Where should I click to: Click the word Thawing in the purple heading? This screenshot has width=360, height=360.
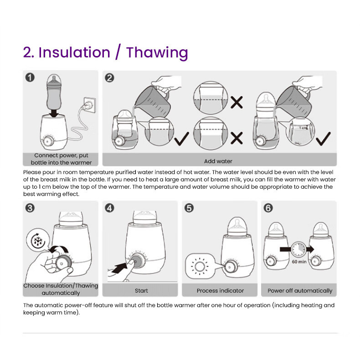pos(157,53)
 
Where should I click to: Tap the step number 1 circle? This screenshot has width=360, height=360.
pos(30,77)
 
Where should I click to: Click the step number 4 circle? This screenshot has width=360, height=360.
pos(109,208)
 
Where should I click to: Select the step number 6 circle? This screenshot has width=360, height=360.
pos(268,208)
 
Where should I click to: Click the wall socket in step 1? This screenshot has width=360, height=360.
pos(90,105)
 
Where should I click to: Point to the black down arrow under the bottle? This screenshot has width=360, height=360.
pos(54,113)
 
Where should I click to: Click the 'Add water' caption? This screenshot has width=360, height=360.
pos(218,161)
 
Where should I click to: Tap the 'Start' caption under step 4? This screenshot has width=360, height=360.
pos(141,290)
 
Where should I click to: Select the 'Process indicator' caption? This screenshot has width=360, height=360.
pos(220,290)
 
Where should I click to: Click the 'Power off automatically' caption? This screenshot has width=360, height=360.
pos(300,291)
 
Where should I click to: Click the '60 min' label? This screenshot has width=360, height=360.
pos(299,262)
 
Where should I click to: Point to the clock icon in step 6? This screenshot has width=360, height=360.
pos(298,249)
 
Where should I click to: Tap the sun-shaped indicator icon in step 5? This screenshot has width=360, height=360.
pos(200,266)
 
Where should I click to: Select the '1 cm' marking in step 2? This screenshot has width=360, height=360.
pos(303,128)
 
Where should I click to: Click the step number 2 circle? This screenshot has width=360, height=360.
pos(109,77)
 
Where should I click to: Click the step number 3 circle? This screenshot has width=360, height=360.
pos(30,208)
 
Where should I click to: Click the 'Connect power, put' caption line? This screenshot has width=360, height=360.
pos(61,155)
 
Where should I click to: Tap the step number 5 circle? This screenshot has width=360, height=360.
pos(189,208)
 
